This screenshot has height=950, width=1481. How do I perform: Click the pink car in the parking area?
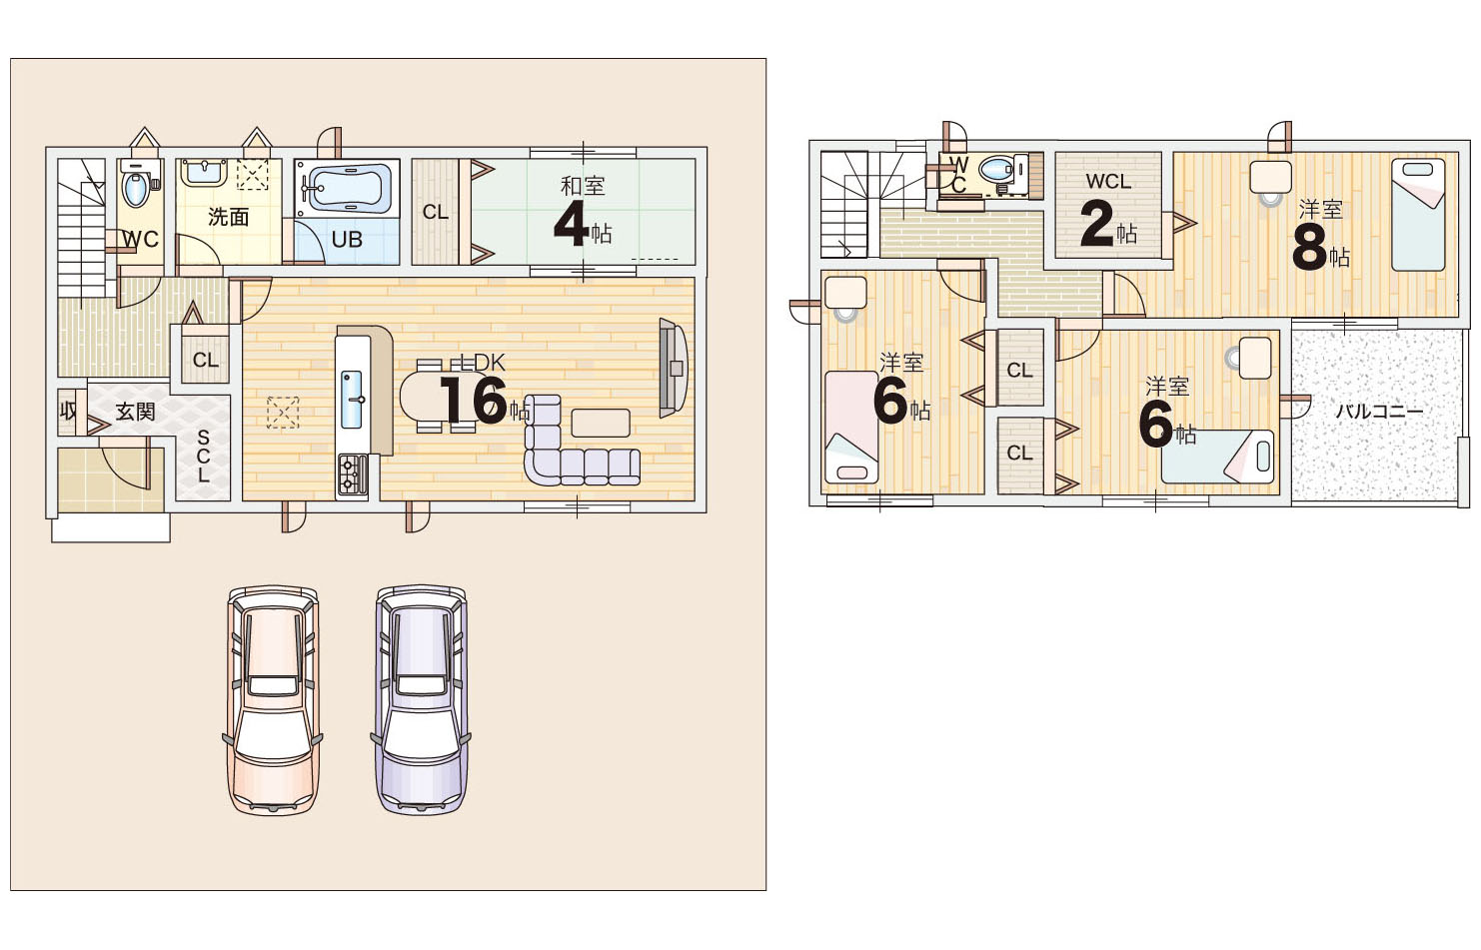click(273, 700)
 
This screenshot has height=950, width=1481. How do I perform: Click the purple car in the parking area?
click(421, 699)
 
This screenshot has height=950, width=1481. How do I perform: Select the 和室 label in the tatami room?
click(583, 186)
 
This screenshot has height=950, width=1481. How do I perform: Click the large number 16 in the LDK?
click(474, 401)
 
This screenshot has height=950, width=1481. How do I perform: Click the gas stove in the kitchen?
click(352, 475)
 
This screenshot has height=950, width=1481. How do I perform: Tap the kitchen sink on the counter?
click(352, 400)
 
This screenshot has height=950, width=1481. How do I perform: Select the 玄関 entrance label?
click(135, 413)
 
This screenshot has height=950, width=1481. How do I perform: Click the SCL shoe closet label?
click(203, 457)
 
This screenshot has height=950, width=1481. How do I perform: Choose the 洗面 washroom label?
click(228, 216)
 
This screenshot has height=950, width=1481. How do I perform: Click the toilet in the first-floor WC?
click(136, 185)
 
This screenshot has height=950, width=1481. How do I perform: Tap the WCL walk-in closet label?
click(1108, 181)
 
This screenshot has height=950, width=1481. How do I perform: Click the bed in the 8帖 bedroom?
click(1418, 214)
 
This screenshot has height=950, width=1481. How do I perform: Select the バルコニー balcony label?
click(1379, 412)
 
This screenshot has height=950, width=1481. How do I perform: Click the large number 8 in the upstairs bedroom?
click(1310, 249)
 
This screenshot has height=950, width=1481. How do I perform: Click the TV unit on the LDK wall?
click(674, 368)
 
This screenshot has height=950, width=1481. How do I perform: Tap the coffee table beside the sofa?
click(601, 424)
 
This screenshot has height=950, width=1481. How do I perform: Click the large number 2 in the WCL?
click(1097, 224)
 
